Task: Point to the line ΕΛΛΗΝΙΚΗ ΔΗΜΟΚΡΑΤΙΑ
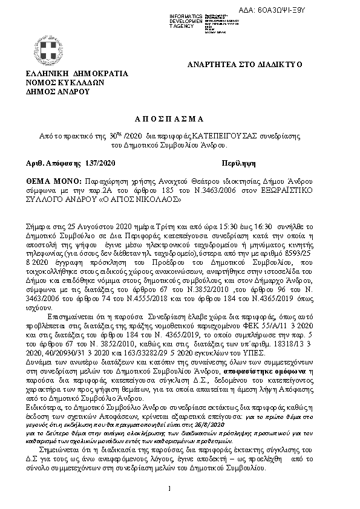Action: click(77, 74)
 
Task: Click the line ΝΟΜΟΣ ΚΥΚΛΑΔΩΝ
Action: click(65, 83)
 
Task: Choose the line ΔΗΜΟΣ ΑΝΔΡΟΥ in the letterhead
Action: click(57, 92)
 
